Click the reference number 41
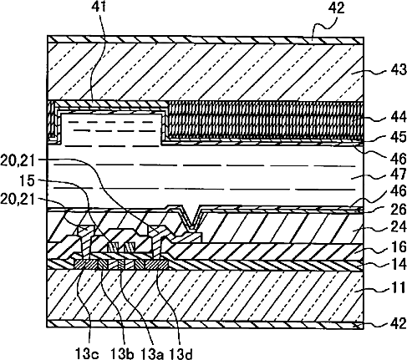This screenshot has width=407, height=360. (99, 7)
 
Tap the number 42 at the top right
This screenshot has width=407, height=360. (336, 8)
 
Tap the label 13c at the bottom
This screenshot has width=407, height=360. (87, 354)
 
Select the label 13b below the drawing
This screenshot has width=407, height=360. (122, 354)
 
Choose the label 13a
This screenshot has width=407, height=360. (152, 354)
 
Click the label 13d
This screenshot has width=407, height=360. (181, 354)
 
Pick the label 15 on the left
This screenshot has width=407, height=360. (27, 181)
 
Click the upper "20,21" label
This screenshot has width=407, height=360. (18, 161)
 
